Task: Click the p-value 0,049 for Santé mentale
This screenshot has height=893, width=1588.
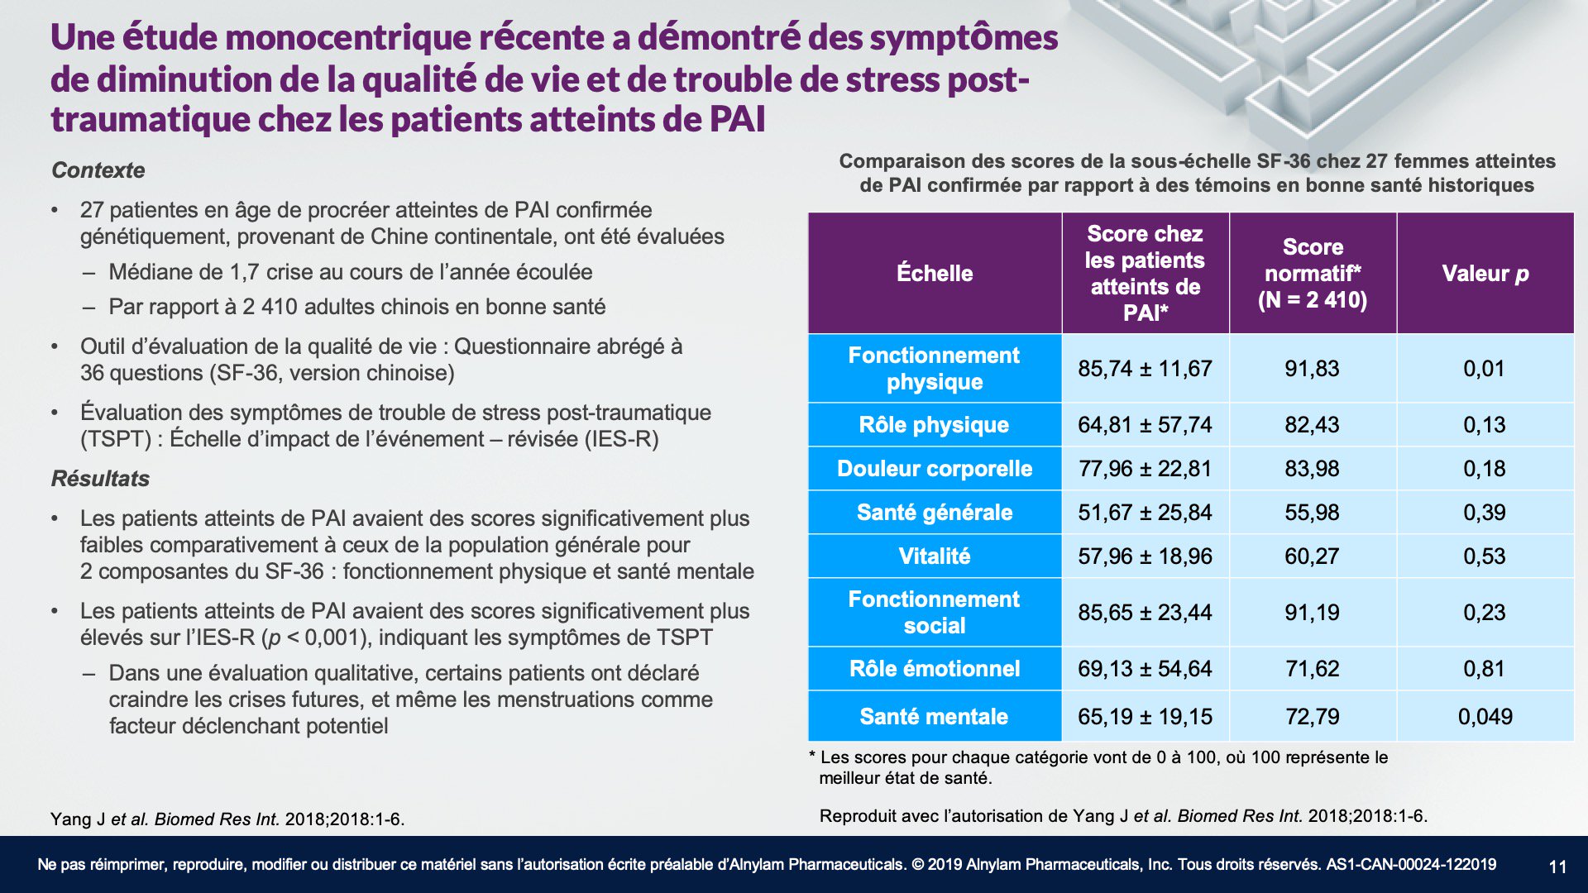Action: click(1485, 717)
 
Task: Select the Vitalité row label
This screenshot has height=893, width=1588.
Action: click(935, 556)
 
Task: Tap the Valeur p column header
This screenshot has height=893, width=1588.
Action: click(1485, 274)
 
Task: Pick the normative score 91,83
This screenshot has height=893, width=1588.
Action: click(1312, 369)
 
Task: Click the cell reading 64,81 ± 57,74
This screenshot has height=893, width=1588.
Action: click(1145, 425)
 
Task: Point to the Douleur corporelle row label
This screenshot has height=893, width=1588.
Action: click(935, 469)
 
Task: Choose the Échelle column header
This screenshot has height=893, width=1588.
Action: click(935, 274)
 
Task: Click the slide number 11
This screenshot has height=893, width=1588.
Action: click(1557, 867)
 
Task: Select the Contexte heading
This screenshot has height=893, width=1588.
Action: click(98, 170)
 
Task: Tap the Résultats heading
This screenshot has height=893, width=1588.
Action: click(100, 479)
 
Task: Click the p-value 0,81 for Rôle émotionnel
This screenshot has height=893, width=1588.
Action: click(1484, 669)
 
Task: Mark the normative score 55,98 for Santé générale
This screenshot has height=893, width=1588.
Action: click(1312, 513)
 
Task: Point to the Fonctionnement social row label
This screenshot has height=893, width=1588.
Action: click(935, 613)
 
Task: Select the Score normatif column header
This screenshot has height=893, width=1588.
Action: click(1313, 274)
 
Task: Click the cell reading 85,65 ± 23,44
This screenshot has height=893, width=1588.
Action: click(1145, 613)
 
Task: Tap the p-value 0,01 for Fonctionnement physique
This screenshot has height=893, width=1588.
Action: click(1484, 369)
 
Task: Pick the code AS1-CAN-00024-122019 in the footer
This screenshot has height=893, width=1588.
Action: click(1411, 865)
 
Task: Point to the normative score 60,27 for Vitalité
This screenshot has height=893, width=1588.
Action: click(1312, 556)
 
